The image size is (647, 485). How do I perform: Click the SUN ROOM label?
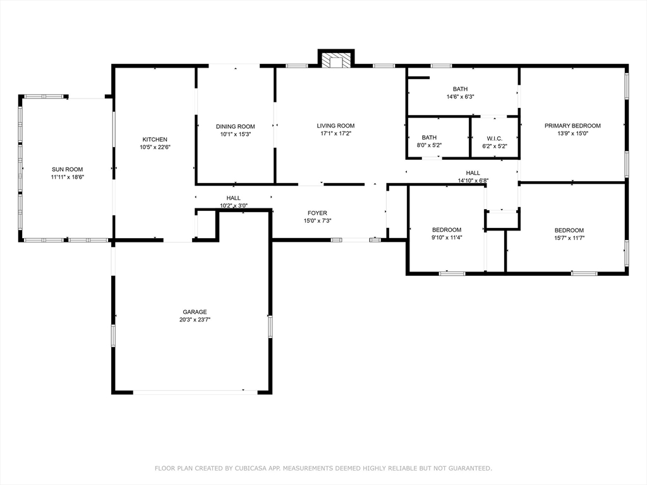click(x=67, y=169)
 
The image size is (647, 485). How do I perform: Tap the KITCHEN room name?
click(x=155, y=140)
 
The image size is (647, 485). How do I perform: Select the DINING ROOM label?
click(x=235, y=126)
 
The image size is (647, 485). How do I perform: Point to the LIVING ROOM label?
click(x=336, y=126)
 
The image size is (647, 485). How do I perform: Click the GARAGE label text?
click(x=195, y=312)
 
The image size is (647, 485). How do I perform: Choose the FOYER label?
click(x=317, y=213)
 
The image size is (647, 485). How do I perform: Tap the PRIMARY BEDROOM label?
click(x=572, y=126)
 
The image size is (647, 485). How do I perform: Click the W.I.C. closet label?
click(x=494, y=138)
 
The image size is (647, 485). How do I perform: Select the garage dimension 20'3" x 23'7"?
click(x=195, y=320)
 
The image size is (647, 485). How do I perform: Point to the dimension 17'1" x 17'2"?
click(x=336, y=134)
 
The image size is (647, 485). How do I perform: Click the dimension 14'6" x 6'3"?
click(x=460, y=97)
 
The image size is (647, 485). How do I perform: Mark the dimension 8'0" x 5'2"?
click(x=429, y=145)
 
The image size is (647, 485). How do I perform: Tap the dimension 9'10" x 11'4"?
click(x=447, y=237)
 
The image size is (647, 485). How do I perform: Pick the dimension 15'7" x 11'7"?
click(x=569, y=238)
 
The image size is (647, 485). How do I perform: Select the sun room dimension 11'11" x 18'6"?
click(x=67, y=177)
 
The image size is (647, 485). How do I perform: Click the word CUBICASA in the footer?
click(x=251, y=468)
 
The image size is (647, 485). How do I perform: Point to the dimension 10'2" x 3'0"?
click(x=234, y=206)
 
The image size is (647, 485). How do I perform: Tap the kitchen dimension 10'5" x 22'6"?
click(x=155, y=147)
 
